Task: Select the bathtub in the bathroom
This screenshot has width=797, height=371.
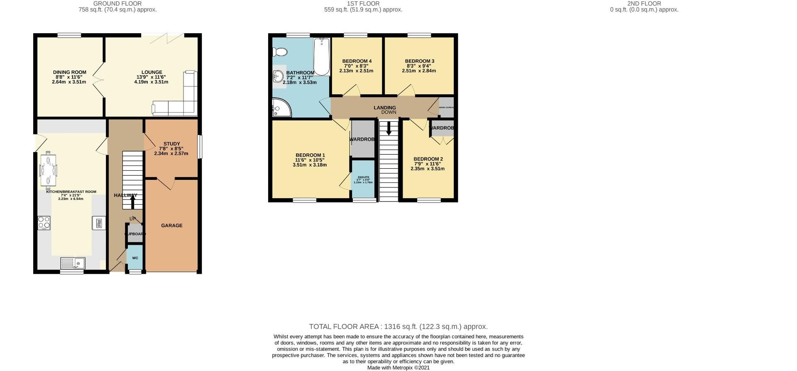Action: click(322, 57)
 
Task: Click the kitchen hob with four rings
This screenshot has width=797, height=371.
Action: click(44, 223)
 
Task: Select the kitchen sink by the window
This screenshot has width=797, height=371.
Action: click(73, 263)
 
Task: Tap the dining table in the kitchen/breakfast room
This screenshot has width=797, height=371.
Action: click(49, 171)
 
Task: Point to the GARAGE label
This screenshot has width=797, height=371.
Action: click(171, 226)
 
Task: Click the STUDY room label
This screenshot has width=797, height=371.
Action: click(171, 144)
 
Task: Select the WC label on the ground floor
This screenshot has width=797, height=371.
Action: click(135, 258)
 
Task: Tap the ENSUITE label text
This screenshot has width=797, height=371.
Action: click(363, 177)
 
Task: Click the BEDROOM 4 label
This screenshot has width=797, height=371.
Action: click(357, 61)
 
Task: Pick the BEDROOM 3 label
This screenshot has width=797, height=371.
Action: click(419, 61)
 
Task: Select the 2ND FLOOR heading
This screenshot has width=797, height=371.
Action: click(644, 3)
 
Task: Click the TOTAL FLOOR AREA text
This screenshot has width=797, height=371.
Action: click(398, 327)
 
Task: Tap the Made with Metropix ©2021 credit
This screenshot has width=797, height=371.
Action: click(398, 368)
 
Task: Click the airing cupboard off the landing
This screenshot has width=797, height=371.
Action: click(447, 106)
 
